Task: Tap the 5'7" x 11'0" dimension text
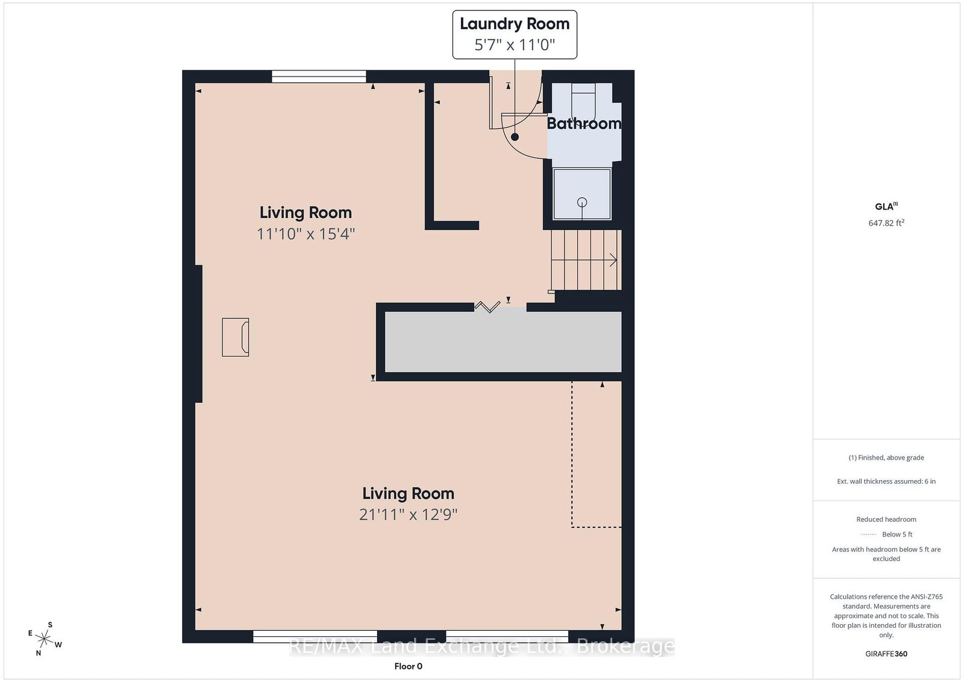(515, 45)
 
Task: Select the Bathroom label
(584, 124)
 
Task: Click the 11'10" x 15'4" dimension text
(305, 234)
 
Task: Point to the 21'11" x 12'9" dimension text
(408, 514)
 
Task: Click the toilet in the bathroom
(584, 102)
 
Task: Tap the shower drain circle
(582, 202)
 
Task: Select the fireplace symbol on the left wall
(236, 337)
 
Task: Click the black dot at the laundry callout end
(515, 137)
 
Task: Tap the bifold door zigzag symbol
(487, 307)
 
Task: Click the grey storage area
(503, 342)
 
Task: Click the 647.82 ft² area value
(886, 223)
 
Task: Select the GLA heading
(886, 206)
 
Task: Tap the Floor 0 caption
(408, 666)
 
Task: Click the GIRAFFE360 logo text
(886, 654)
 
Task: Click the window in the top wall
(319, 77)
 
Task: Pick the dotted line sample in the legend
(868, 534)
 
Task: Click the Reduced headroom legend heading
(886, 519)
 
